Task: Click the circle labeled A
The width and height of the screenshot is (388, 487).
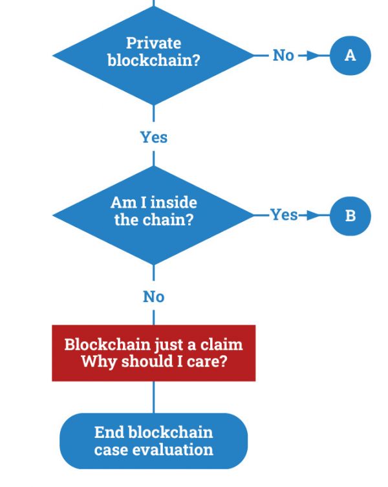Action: pos(350,56)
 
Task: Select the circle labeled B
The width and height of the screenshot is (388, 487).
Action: pos(350,216)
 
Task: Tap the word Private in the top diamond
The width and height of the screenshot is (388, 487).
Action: pos(153,43)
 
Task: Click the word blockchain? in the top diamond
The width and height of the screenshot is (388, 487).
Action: pos(154,60)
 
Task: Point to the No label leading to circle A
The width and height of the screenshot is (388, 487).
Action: pos(283,56)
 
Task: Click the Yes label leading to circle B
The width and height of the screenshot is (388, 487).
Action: pos(284,215)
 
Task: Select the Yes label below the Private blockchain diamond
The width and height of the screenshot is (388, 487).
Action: pos(154,137)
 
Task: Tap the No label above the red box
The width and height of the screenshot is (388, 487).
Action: pos(154,297)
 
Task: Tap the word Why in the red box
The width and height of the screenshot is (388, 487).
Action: pos(100,362)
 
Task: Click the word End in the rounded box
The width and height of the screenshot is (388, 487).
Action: pos(110,432)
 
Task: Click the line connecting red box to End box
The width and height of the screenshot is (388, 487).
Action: pos(154,397)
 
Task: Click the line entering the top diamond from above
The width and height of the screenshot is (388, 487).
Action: pos(154,3)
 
